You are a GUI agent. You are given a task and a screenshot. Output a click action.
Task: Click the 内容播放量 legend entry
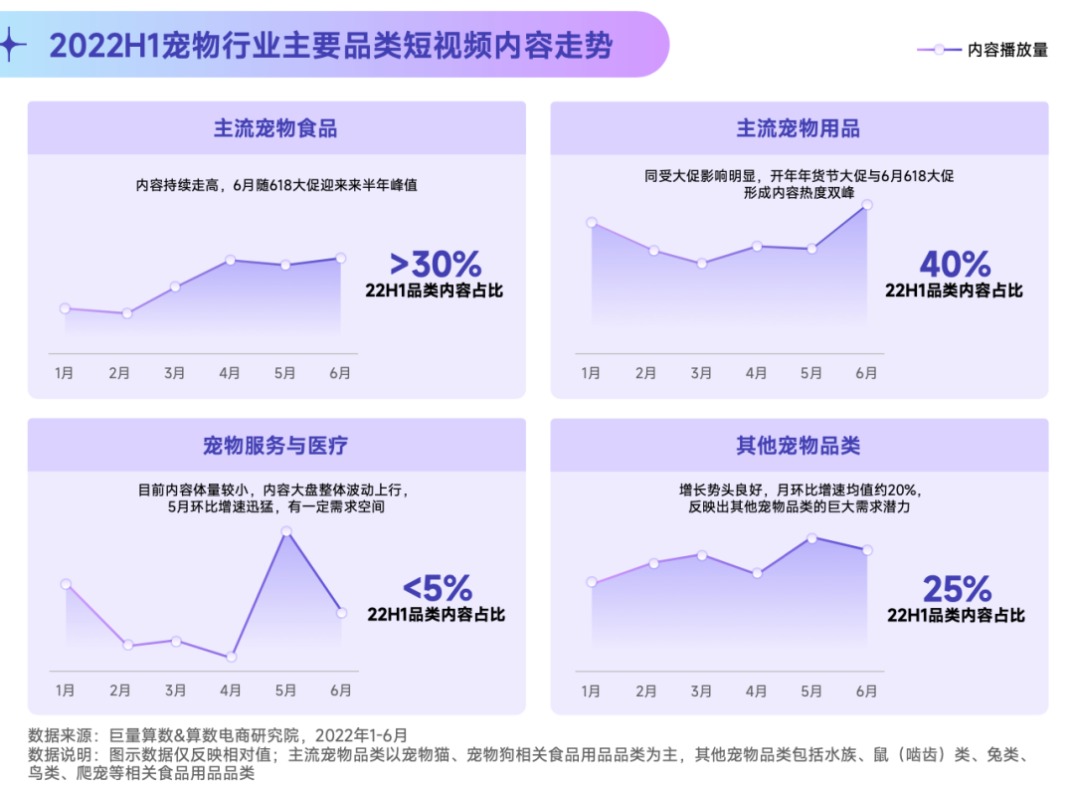(x=982, y=50)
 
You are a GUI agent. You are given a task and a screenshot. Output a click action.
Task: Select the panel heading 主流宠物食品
(x=275, y=128)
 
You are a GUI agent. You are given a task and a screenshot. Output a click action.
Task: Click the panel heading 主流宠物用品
(x=799, y=128)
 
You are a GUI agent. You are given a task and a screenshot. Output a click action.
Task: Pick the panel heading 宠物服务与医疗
(x=275, y=445)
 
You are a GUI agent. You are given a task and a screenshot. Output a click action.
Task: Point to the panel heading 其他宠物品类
(x=799, y=445)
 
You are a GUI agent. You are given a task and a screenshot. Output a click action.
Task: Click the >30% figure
(x=436, y=264)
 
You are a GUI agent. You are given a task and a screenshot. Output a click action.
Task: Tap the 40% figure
(x=955, y=264)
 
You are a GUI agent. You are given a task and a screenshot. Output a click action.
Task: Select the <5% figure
(x=437, y=588)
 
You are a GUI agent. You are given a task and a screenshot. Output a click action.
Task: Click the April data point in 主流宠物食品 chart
(x=230, y=260)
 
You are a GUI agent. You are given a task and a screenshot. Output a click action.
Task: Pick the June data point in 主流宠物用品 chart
(x=866, y=205)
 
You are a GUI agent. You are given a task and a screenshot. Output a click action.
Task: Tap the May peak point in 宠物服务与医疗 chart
(x=285, y=531)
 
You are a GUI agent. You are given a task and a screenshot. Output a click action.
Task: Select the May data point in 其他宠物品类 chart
(x=811, y=538)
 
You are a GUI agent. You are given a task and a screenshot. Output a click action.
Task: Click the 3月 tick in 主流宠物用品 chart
(x=701, y=373)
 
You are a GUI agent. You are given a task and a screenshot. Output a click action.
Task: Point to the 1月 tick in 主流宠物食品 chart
(x=65, y=373)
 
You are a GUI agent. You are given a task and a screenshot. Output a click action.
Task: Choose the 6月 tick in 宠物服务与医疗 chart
(x=341, y=689)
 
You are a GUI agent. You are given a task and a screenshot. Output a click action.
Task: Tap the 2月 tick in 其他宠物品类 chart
(x=645, y=689)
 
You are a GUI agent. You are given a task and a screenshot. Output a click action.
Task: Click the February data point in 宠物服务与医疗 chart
(x=127, y=645)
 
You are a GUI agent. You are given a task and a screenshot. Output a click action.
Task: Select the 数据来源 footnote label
(x=63, y=735)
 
